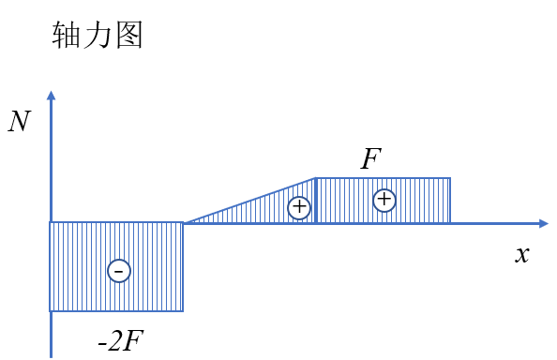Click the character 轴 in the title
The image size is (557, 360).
(66, 34)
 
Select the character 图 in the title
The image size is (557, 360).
(129, 34)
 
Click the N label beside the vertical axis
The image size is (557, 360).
(20, 121)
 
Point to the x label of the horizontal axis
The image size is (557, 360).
(521, 255)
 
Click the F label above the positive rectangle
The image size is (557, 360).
(370, 158)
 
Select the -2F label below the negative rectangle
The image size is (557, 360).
(121, 341)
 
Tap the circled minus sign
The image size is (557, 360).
(119, 271)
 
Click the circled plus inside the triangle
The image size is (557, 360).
(299, 207)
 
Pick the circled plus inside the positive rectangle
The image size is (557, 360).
(384, 200)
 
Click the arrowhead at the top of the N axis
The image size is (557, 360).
(52, 95)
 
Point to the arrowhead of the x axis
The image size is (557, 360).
(544, 224)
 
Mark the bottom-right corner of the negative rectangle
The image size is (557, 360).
(183, 311)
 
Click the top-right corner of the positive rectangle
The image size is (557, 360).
(450, 178)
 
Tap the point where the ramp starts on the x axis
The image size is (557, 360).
(184, 223)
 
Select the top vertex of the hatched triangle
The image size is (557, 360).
(315, 178)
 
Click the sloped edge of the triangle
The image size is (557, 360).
(249, 201)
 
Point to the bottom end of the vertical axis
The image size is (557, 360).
(52, 357)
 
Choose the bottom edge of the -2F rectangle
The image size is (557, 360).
(116, 311)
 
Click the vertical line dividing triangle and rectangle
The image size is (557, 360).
(315, 201)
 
